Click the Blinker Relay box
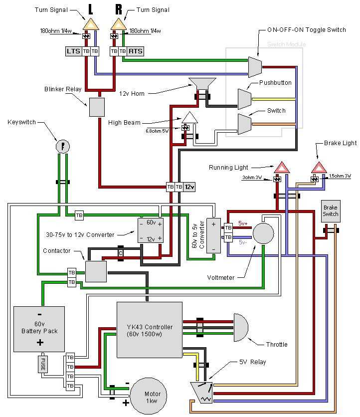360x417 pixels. tap(97, 107)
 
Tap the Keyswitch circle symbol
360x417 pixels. tap(62, 146)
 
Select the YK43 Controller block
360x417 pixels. tap(149, 330)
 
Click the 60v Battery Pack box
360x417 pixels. tap(39, 329)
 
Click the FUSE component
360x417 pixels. tap(43, 364)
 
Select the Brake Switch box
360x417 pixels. tap(330, 211)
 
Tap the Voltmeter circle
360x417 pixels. tap(263, 233)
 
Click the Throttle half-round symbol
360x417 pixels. tap(240, 327)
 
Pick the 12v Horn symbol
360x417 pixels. tap(202, 84)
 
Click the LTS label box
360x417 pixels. tap(73, 51)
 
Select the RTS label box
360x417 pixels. tap(135, 51)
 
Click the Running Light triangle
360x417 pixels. tap(281, 167)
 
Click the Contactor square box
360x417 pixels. tap(96, 271)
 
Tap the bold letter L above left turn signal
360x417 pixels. tap(91, 9)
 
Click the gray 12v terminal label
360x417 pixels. tap(189, 187)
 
